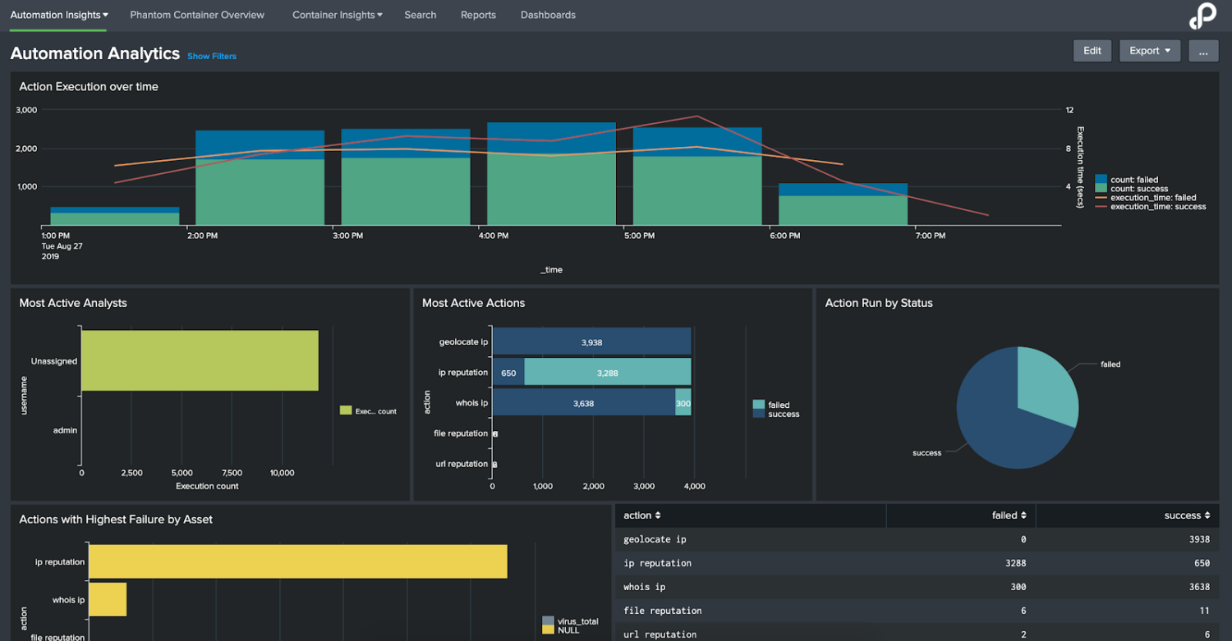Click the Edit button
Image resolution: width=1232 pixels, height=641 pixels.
(1092, 51)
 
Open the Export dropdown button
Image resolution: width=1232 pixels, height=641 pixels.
(1149, 51)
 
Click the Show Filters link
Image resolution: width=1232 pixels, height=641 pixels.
(212, 57)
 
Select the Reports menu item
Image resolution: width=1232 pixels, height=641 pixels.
(478, 15)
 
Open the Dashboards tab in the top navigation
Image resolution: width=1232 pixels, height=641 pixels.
(548, 15)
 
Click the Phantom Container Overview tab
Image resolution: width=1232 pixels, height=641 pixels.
(197, 15)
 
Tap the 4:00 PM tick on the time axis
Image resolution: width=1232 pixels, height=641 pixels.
(493, 236)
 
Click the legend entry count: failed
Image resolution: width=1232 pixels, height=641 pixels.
(1133, 180)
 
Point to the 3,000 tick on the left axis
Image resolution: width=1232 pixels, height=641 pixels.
(26, 110)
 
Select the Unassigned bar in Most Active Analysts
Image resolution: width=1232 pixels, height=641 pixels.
(200, 360)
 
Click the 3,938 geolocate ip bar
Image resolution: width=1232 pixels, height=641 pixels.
(591, 342)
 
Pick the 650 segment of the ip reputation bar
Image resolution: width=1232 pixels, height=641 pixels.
(508, 373)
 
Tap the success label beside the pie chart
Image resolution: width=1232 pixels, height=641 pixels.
(926, 453)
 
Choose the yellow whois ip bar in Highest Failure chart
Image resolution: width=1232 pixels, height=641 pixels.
(107, 600)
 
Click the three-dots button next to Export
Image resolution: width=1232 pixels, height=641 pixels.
(1202, 51)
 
